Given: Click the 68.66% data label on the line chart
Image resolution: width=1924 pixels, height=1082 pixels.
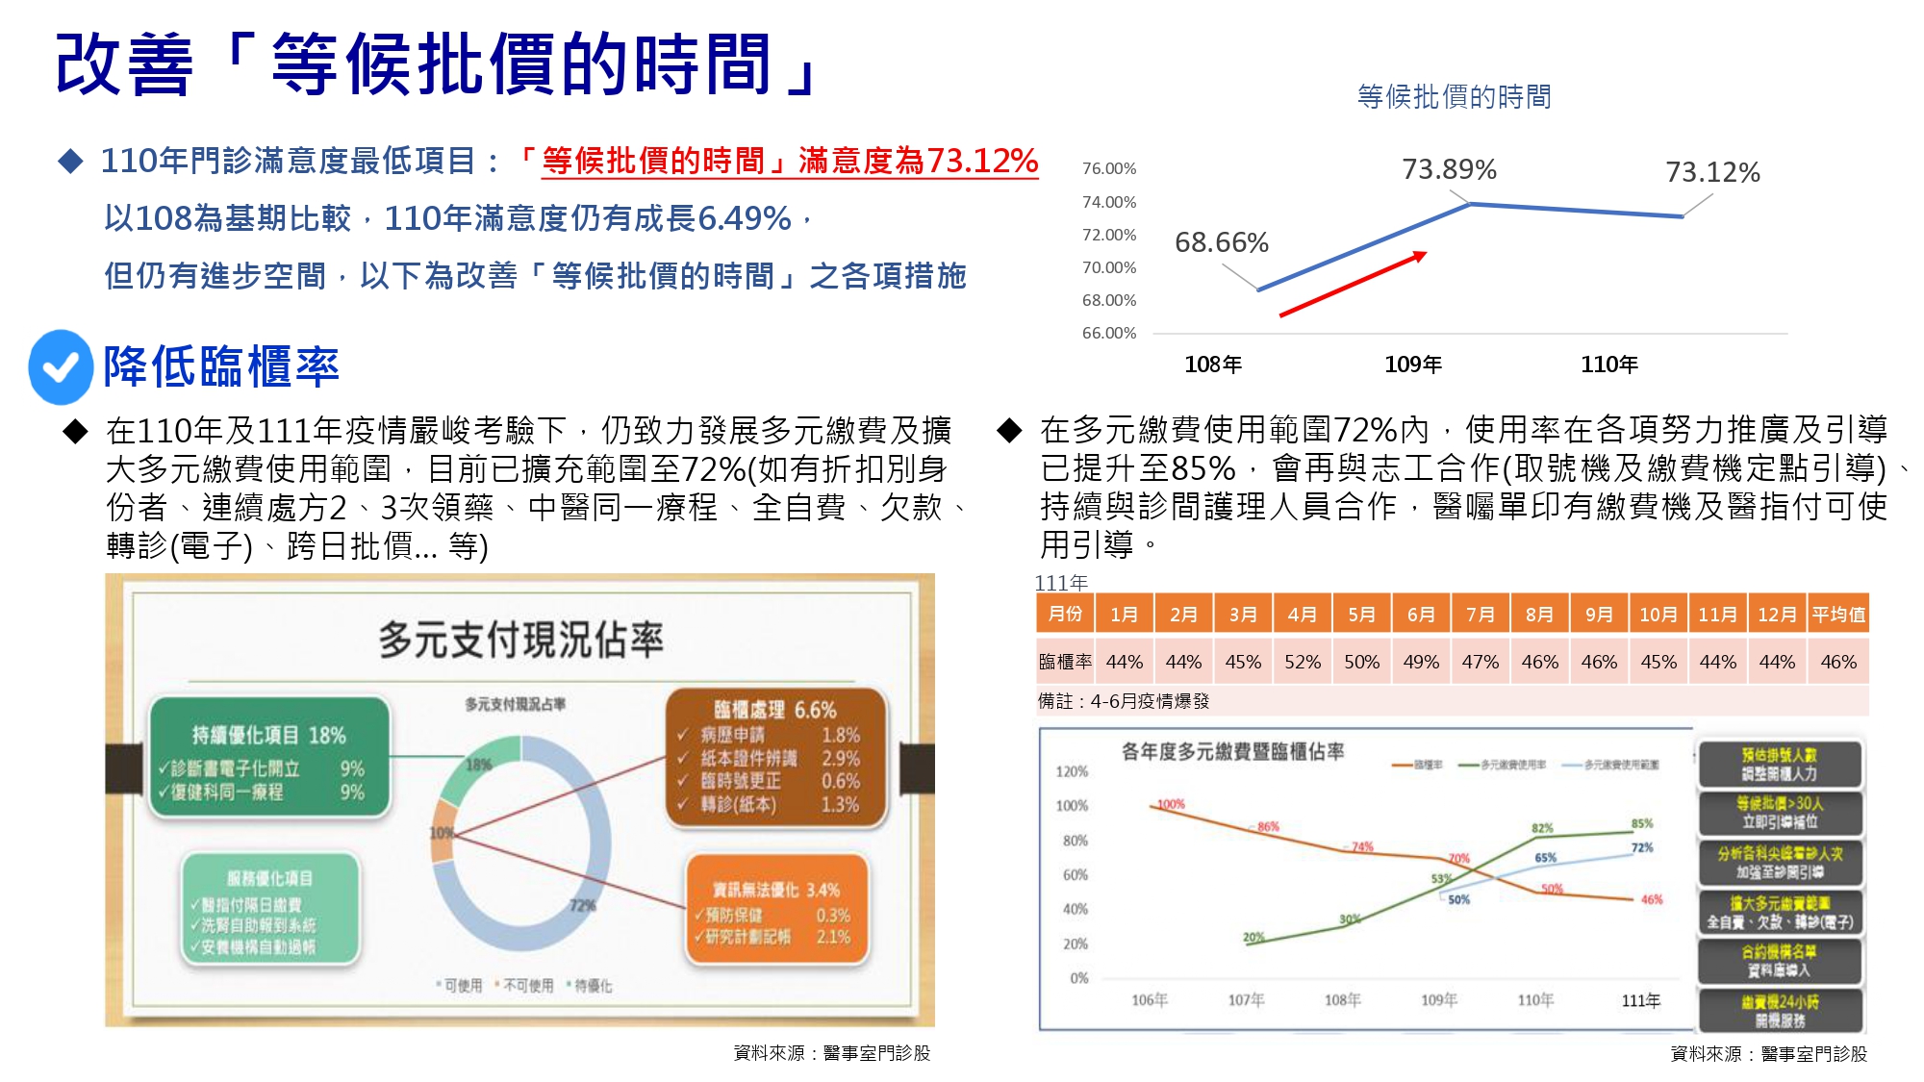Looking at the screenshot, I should (1221, 242).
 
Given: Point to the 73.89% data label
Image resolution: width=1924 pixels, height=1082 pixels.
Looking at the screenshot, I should (1449, 170).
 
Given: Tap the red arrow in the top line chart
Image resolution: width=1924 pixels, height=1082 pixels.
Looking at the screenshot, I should (1352, 284).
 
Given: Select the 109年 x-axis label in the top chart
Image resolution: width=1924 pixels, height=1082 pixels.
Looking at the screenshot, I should (1412, 365).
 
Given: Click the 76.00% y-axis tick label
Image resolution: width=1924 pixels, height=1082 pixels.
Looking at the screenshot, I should (1109, 168).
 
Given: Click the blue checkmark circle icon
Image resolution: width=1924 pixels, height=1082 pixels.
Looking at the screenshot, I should (61, 366).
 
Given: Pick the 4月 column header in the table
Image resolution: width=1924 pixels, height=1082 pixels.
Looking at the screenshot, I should (1302, 614).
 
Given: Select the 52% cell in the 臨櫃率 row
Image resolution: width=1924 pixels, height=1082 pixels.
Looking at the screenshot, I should (1302, 662).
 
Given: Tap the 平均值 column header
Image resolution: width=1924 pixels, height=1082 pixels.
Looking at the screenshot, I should (1837, 614).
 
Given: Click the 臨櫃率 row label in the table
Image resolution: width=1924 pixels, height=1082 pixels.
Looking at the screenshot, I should (1065, 662).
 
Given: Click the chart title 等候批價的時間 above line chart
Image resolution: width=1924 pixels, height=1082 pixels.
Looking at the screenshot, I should (1454, 97).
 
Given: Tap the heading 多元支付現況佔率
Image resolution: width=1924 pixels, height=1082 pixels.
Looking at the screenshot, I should (520, 640).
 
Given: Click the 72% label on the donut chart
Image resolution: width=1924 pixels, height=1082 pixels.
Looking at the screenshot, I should (582, 906).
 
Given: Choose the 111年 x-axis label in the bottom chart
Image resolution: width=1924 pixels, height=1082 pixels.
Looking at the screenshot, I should (1640, 1000).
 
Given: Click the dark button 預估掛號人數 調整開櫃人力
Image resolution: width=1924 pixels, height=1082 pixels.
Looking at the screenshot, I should (1779, 765).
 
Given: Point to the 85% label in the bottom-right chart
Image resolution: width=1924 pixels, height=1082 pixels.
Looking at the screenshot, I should (1642, 823).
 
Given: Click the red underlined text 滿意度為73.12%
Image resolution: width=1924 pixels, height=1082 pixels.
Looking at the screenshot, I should (918, 161).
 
